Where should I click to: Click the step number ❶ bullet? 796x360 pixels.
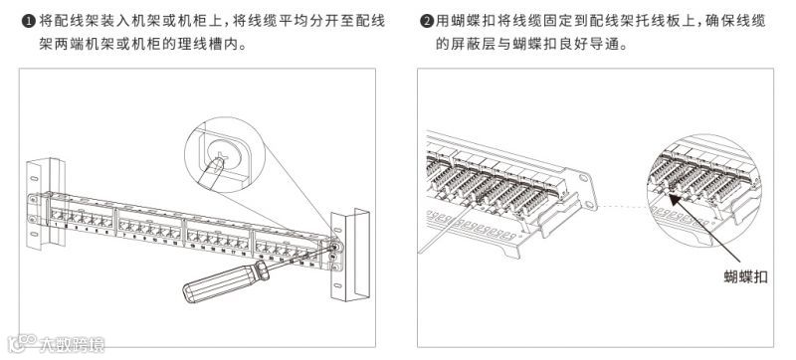point(28,21)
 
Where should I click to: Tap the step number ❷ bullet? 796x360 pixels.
point(426,21)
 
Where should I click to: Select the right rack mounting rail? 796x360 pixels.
point(349,255)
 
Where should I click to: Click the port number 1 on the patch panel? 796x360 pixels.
point(56,224)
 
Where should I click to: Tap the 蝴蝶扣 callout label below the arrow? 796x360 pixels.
point(745,276)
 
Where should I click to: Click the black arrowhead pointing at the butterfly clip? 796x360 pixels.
point(676,199)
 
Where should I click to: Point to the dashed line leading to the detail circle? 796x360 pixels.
point(623,207)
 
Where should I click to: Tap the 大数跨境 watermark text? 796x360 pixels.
point(72,345)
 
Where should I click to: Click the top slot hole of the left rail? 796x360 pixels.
point(34,179)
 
